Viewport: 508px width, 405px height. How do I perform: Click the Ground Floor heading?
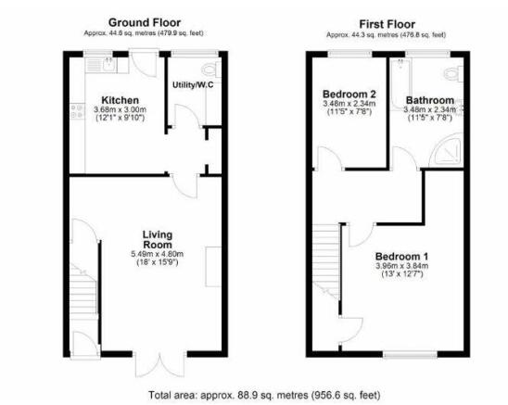[145, 21]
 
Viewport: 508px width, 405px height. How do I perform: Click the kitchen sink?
[109, 65]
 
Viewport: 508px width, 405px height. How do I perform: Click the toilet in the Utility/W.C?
[208, 68]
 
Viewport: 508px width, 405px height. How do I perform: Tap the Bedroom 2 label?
[349, 95]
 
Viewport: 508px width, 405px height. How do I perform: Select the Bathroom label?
[427, 99]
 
